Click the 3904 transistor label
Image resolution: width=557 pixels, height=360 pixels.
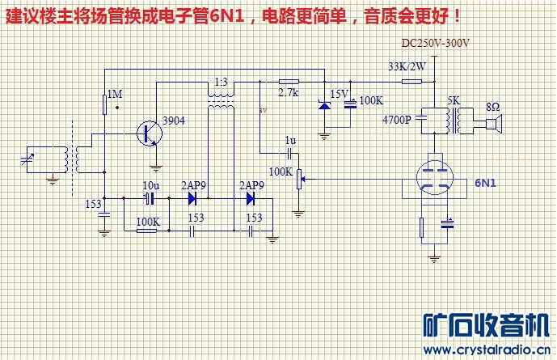pyautogui.click(x=174, y=121)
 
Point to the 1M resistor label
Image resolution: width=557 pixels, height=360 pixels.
pyautogui.click(x=115, y=95)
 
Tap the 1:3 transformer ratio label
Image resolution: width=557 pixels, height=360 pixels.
pyautogui.click(x=220, y=83)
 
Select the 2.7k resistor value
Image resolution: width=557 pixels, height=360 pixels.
pyautogui.click(x=289, y=94)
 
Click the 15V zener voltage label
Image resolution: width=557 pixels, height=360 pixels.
pyautogui.click(x=340, y=94)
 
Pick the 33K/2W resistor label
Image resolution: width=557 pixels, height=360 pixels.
pyautogui.click(x=407, y=66)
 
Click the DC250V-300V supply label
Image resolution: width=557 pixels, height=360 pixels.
pyautogui.click(x=436, y=43)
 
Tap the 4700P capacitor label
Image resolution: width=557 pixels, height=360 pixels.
pyautogui.click(x=397, y=120)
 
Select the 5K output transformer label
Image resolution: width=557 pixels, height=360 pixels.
pyautogui.click(x=454, y=101)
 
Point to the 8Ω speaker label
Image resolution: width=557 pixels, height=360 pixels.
pyautogui.click(x=492, y=107)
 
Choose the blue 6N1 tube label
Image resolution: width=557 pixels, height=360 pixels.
pyautogui.click(x=485, y=184)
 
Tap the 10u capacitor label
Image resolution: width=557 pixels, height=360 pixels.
pyautogui.click(x=150, y=185)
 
